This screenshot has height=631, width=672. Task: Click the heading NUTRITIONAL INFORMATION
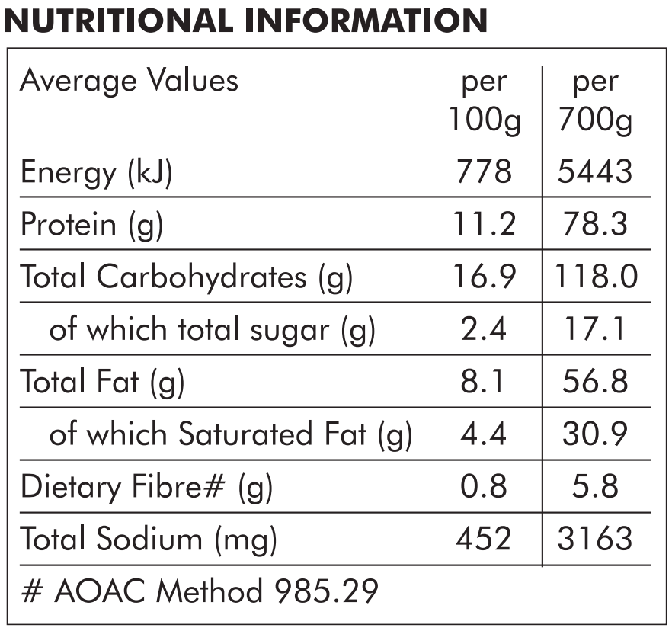(x=245, y=20)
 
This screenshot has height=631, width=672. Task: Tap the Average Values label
(x=129, y=82)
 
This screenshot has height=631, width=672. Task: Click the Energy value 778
(x=485, y=171)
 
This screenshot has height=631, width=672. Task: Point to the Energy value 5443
(x=595, y=171)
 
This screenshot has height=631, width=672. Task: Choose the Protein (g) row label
(x=92, y=225)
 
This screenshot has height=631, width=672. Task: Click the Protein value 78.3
(x=595, y=224)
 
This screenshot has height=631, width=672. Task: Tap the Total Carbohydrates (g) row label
(x=187, y=277)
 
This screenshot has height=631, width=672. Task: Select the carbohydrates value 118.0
(x=596, y=277)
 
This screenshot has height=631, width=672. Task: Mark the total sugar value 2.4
(x=484, y=329)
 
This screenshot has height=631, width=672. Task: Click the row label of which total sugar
(x=213, y=331)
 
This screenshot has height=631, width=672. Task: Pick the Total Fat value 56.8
(x=595, y=382)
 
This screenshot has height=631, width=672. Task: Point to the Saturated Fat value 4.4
(x=484, y=434)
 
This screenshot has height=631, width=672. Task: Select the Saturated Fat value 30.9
(x=595, y=434)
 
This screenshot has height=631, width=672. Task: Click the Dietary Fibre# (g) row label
(x=146, y=488)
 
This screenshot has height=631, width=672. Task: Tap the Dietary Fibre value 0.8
(x=484, y=486)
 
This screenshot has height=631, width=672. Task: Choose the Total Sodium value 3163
(x=595, y=539)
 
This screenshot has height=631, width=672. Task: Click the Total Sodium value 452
(x=484, y=539)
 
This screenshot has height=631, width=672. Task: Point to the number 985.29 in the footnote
(x=326, y=591)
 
